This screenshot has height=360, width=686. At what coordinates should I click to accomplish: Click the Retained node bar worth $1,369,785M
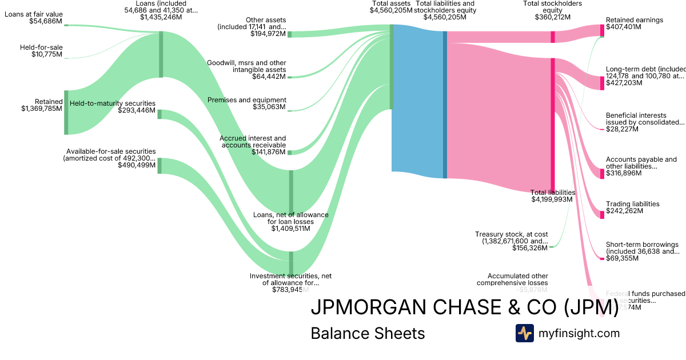[x=66, y=112]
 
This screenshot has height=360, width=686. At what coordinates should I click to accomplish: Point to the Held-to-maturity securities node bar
[x=159, y=114]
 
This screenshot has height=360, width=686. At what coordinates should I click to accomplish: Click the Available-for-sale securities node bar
[x=159, y=165]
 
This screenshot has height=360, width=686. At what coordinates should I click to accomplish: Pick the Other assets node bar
[x=289, y=34]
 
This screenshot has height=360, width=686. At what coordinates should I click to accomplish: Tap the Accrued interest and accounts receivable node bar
[x=289, y=153]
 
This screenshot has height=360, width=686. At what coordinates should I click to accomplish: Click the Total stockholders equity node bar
[x=553, y=37]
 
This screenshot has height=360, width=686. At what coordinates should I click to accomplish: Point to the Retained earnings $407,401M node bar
[x=602, y=30]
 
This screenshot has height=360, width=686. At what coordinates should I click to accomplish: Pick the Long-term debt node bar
[x=602, y=83]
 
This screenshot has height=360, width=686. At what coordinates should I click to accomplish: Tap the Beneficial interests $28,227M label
[x=645, y=122]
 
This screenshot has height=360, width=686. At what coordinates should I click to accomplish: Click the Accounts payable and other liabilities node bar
[x=602, y=174]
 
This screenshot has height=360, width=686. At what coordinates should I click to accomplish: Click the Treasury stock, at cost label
[x=511, y=241]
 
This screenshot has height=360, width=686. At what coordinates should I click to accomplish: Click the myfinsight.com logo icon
[x=524, y=333]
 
